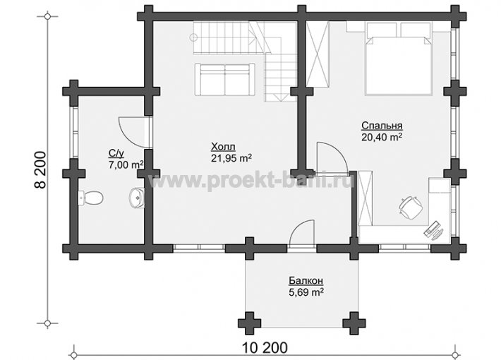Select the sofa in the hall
225,79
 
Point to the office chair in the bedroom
410,208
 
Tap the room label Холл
223,147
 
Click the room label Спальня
382,126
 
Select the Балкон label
306,281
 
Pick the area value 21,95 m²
231,158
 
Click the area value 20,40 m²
382,137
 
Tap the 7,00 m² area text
126,165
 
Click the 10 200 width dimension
265,347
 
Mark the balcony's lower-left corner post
250,323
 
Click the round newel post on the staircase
193,37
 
